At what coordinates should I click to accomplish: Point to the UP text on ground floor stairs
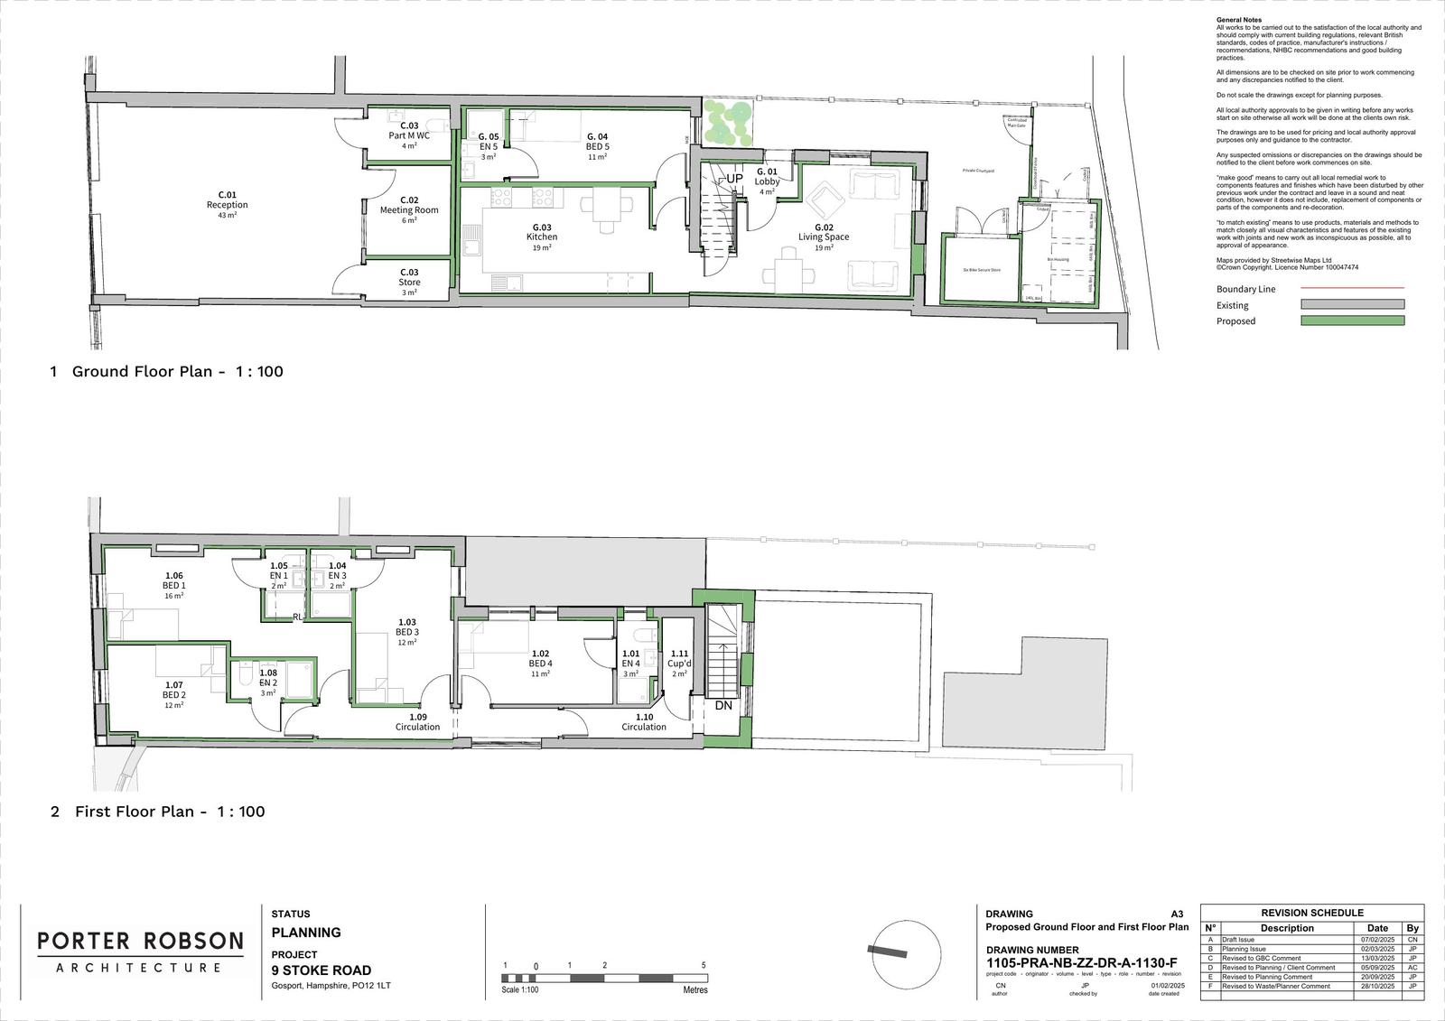click(x=734, y=179)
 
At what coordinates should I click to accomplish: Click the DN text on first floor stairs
click(x=723, y=706)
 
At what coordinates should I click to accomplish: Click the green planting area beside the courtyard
click(x=728, y=121)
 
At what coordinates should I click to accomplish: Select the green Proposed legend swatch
click(x=1352, y=320)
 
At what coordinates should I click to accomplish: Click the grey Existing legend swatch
click(x=1352, y=305)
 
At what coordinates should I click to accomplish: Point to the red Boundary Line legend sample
click(x=1352, y=289)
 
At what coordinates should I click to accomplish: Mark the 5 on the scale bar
click(x=704, y=965)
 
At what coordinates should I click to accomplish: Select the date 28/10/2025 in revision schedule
click(x=1377, y=987)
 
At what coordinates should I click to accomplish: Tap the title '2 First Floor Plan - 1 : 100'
click(x=158, y=812)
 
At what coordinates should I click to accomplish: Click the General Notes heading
click(x=1239, y=20)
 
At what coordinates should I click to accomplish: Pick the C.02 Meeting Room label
click(x=409, y=205)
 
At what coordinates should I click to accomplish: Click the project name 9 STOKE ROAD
click(x=322, y=970)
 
